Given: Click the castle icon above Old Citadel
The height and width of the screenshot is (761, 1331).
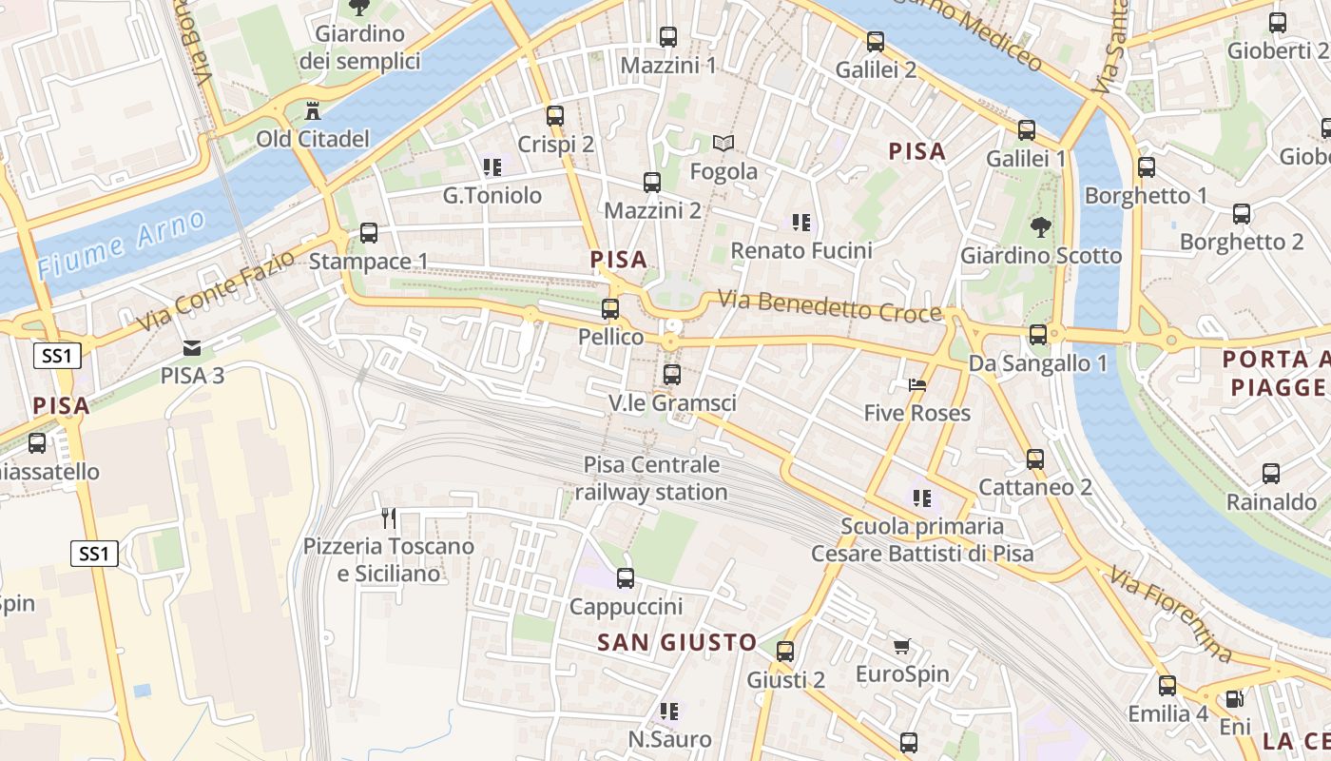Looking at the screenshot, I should [312, 111].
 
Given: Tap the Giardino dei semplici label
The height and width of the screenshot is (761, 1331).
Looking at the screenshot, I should [359, 48].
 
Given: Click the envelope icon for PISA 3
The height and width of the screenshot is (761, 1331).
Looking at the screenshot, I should [192, 348].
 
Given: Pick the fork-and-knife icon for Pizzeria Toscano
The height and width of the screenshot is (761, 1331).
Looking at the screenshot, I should [388, 518].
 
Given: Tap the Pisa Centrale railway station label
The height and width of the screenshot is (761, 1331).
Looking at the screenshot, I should [652, 478].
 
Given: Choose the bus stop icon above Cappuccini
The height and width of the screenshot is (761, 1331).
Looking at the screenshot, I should [626, 578].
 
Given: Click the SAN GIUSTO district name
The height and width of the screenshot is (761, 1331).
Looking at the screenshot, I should [677, 643].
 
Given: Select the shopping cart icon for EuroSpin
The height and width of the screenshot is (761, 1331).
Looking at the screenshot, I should [902, 647].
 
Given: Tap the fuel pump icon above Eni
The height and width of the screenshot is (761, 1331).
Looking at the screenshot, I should [1234, 699].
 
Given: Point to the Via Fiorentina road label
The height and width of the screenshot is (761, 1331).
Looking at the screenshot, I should [1170, 615].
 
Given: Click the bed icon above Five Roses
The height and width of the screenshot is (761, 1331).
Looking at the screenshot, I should [917, 385].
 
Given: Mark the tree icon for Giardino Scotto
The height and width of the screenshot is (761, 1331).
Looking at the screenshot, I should [1041, 227].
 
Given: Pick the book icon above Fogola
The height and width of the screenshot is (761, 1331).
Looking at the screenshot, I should [723, 144].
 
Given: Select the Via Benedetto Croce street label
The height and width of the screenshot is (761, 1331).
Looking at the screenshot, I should [829, 307].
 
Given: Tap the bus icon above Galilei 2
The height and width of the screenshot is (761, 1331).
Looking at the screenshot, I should [876, 42].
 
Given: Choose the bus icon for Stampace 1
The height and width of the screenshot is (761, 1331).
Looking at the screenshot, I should [369, 233].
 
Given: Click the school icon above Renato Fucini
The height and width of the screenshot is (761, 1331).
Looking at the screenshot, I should [801, 223].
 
